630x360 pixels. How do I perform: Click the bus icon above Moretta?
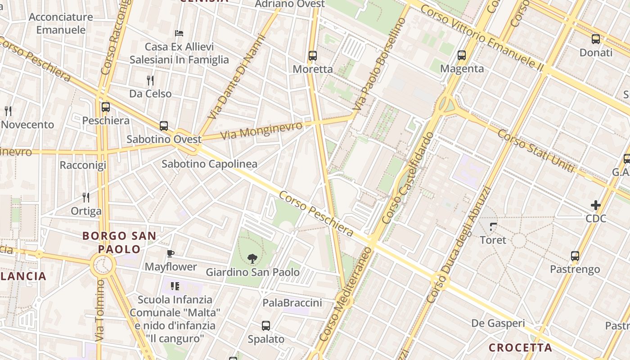point(313,56)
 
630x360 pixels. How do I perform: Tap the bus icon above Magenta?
point(462,55)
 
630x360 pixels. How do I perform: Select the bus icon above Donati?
point(596,39)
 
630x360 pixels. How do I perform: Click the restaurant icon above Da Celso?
point(150,81)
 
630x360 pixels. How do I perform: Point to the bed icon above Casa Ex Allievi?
point(179,33)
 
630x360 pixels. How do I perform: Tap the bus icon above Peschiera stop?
point(106,107)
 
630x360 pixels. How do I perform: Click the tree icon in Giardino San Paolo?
point(252,258)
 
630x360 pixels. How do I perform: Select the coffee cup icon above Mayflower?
point(171,254)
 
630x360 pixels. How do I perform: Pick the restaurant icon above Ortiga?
point(86,197)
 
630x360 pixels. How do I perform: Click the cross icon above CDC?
point(596,206)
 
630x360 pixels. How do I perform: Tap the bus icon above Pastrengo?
point(575,256)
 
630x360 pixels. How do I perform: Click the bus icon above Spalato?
point(266,326)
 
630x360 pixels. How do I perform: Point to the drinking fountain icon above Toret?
point(493,226)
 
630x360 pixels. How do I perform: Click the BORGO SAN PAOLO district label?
point(119,242)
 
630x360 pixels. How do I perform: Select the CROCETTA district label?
point(520,347)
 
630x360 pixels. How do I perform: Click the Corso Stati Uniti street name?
point(535,151)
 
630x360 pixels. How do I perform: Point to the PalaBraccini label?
point(292,303)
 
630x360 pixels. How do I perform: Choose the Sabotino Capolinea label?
point(209,164)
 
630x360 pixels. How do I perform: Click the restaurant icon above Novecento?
point(8,111)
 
